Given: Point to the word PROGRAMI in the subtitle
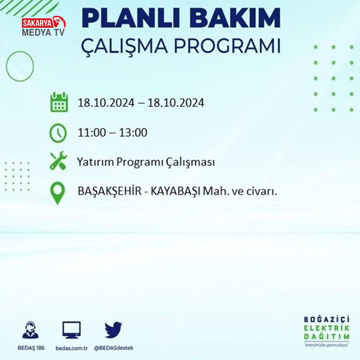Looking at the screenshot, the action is [227, 46].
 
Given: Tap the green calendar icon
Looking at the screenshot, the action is [59, 102].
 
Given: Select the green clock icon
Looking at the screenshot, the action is [58, 133].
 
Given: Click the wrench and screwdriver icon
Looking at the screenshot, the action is [59, 161].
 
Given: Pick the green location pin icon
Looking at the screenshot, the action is [58, 193].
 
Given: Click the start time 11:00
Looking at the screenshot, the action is [92, 133].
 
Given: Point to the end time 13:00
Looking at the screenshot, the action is [133, 133].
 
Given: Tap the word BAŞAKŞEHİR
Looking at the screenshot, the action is [109, 191].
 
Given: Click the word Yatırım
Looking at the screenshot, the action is [95, 162].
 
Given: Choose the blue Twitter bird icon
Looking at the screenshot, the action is [113, 330].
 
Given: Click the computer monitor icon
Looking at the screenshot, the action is [72, 330].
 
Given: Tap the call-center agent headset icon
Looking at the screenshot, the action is [31, 330].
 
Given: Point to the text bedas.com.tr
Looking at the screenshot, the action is [72, 348].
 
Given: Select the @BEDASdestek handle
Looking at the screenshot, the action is [114, 348].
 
